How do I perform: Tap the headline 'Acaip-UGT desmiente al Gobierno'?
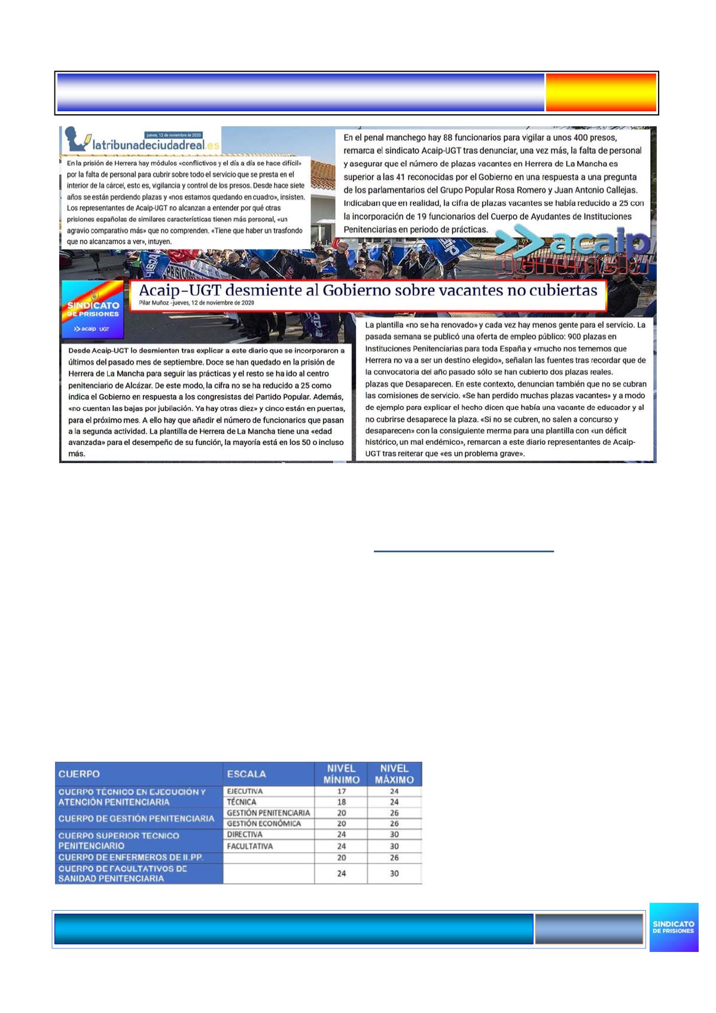coord(367,290)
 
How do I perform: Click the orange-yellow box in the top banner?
coord(601,93)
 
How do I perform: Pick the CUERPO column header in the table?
coord(79,774)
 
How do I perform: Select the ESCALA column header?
coord(246,774)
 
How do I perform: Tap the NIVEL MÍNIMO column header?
coord(341,774)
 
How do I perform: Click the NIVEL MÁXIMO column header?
coord(394,774)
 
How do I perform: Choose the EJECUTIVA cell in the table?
coord(245,791)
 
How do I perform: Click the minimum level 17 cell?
coord(341,791)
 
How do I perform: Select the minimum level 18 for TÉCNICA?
coord(341,802)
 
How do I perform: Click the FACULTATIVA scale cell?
coord(250,846)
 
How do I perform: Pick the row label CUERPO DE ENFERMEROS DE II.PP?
coord(131,857)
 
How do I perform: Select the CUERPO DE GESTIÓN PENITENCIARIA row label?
coord(136,818)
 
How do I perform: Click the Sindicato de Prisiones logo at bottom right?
coord(674,927)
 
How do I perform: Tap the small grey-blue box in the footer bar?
coord(589,928)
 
